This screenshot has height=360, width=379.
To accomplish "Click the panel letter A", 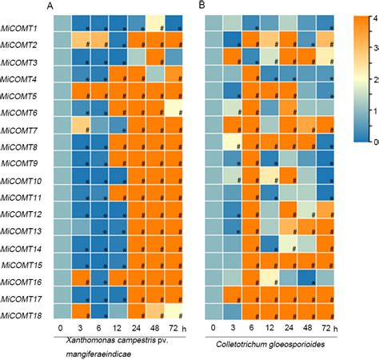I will coord(51,6).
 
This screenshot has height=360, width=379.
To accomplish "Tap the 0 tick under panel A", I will coord(60,329).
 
